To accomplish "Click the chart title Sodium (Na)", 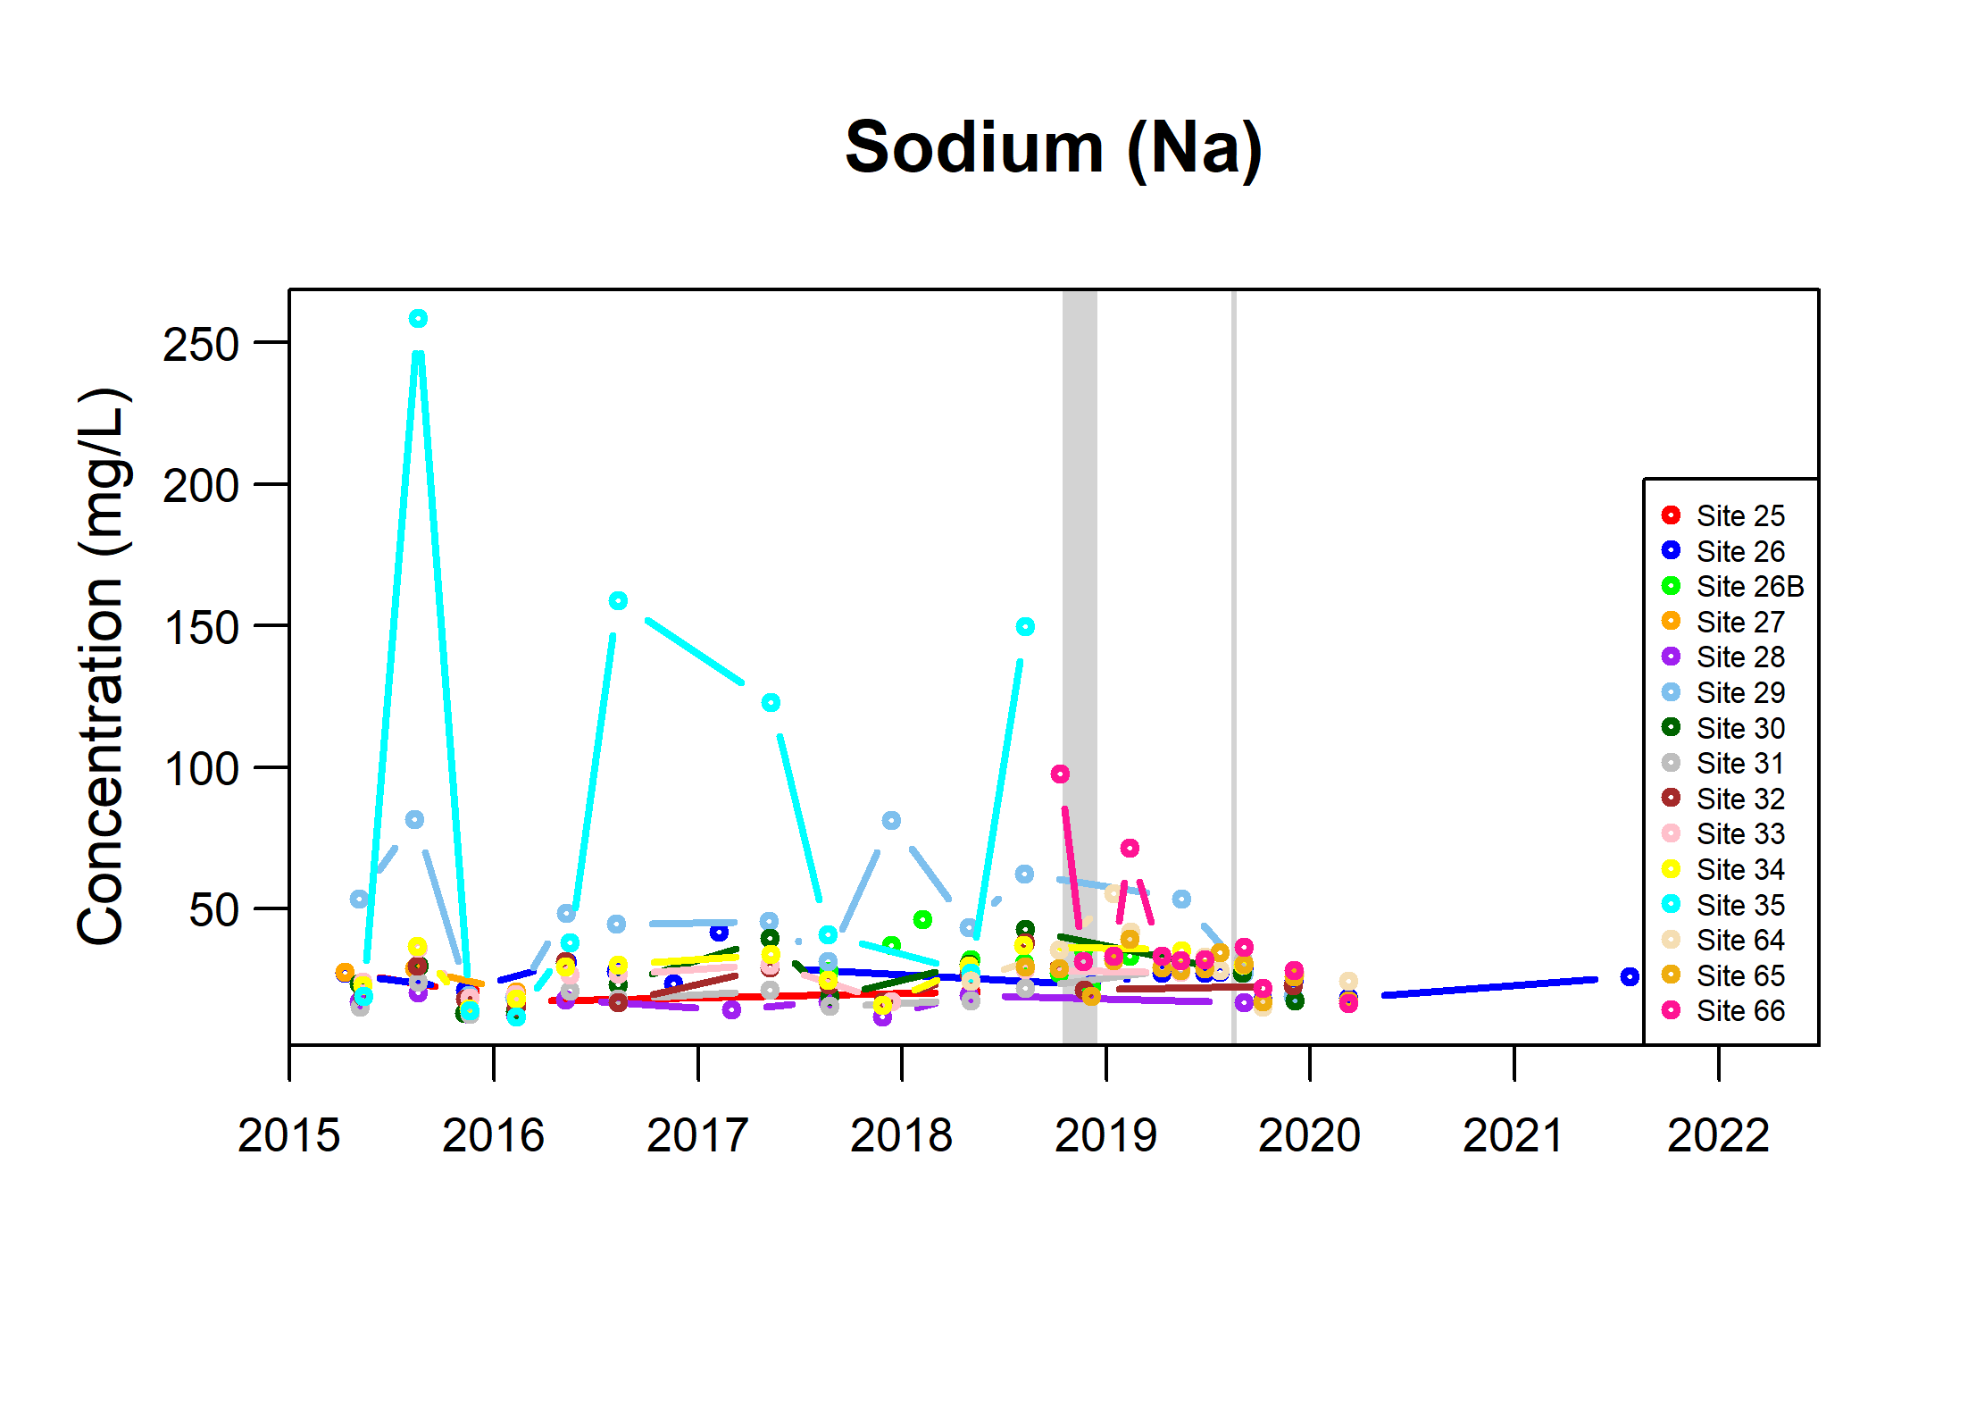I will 1054,148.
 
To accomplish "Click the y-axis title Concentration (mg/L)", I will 103,666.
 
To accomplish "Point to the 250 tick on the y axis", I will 201,345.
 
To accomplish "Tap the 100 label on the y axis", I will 201,769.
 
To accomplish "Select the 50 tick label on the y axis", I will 213,910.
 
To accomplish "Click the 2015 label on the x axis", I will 289,1135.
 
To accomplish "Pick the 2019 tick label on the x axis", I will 1105,1135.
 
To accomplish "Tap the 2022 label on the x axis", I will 1718,1135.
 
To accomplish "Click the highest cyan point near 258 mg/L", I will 418,319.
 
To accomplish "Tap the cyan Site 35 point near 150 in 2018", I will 1025,627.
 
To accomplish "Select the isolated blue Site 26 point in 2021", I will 1630,976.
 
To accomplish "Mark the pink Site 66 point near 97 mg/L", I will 1060,774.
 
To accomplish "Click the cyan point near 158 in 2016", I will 618,600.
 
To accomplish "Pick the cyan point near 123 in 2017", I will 771,703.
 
